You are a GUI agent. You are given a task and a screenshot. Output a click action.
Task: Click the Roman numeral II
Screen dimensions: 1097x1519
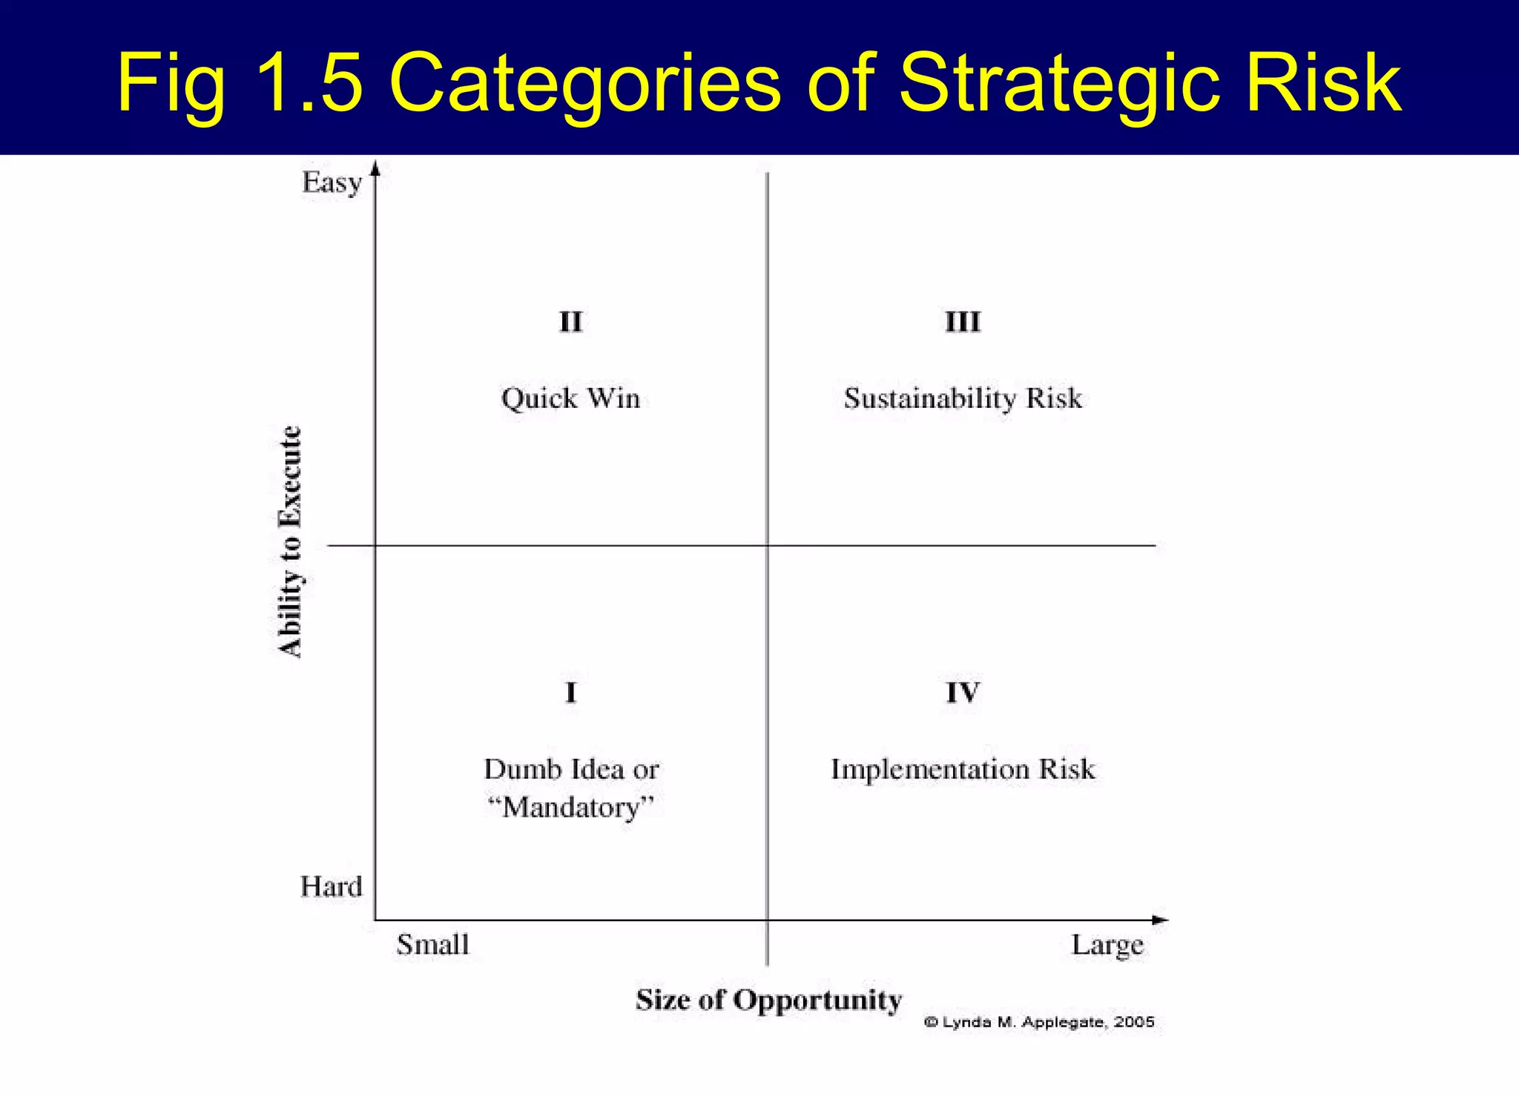570,322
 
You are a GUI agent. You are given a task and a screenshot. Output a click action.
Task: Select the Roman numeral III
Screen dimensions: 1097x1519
963,322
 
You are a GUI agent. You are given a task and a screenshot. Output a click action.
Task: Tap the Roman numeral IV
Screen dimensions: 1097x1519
963,693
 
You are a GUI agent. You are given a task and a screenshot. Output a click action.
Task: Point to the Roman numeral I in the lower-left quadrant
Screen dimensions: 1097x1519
570,693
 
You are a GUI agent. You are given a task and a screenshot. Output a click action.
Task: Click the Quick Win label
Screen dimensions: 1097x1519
570,399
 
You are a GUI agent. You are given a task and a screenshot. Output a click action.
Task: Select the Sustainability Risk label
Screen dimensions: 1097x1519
963,399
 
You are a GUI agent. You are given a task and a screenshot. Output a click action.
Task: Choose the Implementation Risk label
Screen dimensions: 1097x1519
963,769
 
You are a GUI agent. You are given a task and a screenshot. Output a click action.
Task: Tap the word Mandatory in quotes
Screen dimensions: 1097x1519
571,808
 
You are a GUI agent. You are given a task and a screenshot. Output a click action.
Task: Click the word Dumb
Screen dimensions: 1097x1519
523,769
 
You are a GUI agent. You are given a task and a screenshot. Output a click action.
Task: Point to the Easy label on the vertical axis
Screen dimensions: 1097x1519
332,182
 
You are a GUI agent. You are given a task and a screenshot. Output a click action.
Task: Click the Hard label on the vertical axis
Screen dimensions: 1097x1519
331,886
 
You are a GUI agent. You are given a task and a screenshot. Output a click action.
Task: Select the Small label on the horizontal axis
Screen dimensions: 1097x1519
432,945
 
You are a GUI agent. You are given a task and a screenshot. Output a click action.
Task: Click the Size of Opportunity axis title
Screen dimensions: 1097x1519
768,1000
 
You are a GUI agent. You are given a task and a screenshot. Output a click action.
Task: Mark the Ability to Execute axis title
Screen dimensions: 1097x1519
290,541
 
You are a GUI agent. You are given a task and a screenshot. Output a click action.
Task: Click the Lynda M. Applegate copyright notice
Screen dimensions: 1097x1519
1039,1022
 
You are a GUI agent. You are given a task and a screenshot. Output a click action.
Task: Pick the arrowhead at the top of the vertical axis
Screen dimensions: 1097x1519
375,168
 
